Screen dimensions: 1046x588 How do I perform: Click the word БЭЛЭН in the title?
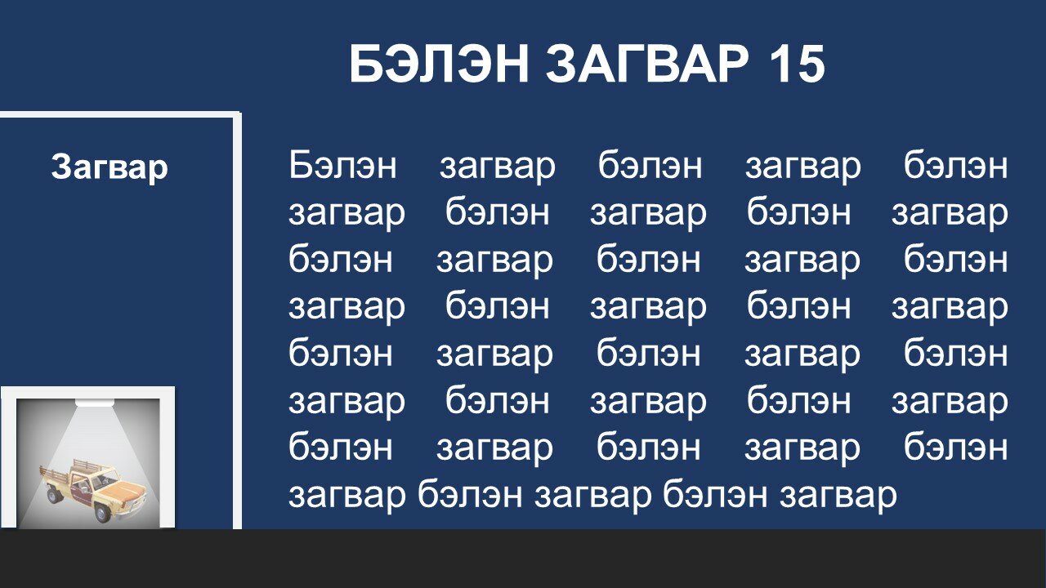pyautogui.click(x=439, y=64)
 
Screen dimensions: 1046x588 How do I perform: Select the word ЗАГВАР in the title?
pyautogui.click(x=646, y=64)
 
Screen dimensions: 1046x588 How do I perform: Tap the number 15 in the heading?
pyautogui.click(x=796, y=64)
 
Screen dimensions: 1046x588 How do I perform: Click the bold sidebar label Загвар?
pyautogui.click(x=110, y=167)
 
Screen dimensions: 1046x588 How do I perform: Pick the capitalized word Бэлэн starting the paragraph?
pyautogui.click(x=342, y=165)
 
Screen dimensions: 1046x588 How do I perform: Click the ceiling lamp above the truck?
pyautogui.click(x=95, y=403)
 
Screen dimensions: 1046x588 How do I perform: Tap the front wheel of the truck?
pyautogui.click(x=102, y=514)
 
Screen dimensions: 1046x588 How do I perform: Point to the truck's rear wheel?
pyautogui.click(x=54, y=495)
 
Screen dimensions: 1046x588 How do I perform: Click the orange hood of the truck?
pyautogui.click(x=123, y=492)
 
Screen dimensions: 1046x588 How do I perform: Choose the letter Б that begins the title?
pyautogui.click(x=367, y=64)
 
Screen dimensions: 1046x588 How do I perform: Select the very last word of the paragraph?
pyautogui.click(x=838, y=496)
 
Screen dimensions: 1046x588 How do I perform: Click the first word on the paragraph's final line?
pyautogui.click(x=347, y=496)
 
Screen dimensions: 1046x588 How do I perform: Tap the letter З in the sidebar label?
pyautogui.click(x=61, y=167)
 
